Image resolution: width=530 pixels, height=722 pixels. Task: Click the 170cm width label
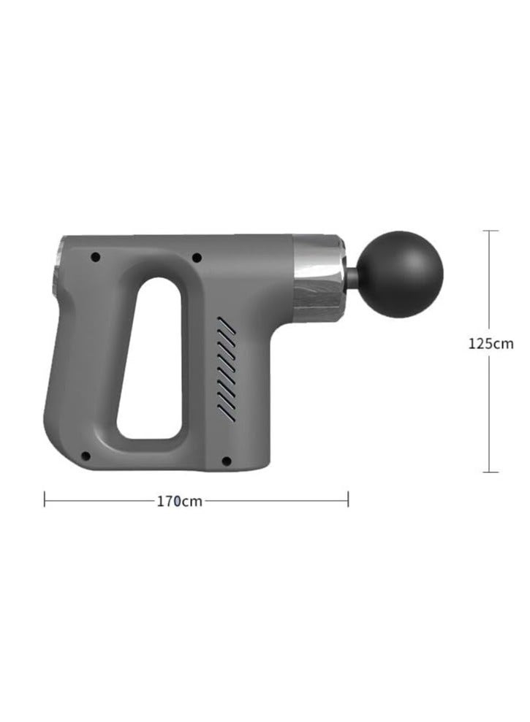(179, 501)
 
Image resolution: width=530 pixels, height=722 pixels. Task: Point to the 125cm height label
(491, 344)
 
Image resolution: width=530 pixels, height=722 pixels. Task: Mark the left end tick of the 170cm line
(45, 499)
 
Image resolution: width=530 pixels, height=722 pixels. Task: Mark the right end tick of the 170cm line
(348, 499)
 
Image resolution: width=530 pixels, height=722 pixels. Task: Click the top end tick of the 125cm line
(491, 231)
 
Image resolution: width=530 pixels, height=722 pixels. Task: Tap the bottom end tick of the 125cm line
(491, 472)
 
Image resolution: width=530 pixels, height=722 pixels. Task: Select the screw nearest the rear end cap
(95, 257)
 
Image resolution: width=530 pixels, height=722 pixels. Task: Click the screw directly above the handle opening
(196, 257)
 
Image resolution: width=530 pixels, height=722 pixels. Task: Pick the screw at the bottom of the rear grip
(86, 456)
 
